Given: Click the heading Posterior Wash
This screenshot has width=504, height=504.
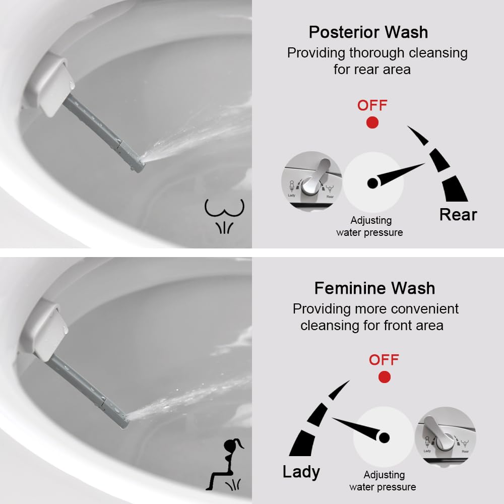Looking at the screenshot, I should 368,32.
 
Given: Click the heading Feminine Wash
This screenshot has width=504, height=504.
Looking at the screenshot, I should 374,288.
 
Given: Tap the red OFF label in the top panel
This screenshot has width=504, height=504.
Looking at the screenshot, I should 372,105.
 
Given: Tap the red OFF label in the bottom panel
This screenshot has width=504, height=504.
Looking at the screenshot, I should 384,360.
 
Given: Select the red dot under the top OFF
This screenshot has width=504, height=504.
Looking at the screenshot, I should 372,122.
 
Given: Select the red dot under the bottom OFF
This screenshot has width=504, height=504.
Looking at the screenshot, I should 385,377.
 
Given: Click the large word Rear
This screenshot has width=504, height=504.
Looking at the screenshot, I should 458,214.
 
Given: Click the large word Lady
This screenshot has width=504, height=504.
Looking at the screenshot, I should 301,472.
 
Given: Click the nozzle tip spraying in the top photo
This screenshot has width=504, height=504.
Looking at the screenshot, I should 137,164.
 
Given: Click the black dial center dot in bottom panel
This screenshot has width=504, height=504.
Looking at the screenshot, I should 385,437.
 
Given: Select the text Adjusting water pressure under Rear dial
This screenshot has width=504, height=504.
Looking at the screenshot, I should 370,226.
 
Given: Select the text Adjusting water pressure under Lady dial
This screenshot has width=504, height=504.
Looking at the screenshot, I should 383,481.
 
